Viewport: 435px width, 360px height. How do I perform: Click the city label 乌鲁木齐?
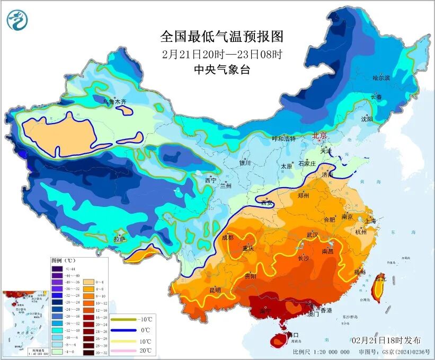tap(114, 101)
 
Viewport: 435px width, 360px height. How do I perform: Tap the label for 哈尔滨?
tap(381, 78)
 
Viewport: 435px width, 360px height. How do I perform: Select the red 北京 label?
tap(320, 135)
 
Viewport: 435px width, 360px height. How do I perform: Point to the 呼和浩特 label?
tap(283, 138)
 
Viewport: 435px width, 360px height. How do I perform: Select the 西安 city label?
tap(267, 202)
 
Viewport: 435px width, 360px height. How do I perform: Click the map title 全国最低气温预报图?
tap(222, 37)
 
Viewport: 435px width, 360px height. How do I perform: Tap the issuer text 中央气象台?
tap(222, 69)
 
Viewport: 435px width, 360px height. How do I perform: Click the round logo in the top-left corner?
tap(17, 21)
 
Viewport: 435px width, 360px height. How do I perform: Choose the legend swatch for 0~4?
tap(84, 283)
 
